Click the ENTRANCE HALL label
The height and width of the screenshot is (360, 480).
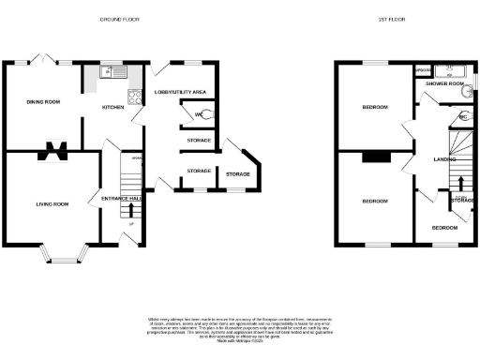coord(122,199)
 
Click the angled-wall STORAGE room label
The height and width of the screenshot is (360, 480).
coord(238,174)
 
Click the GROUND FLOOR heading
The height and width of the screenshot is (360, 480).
coord(119,19)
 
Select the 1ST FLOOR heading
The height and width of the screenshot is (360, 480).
coord(391,19)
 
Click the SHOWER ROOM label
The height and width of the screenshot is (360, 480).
coord(444,84)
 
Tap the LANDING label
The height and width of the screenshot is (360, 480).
coord(431,158)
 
